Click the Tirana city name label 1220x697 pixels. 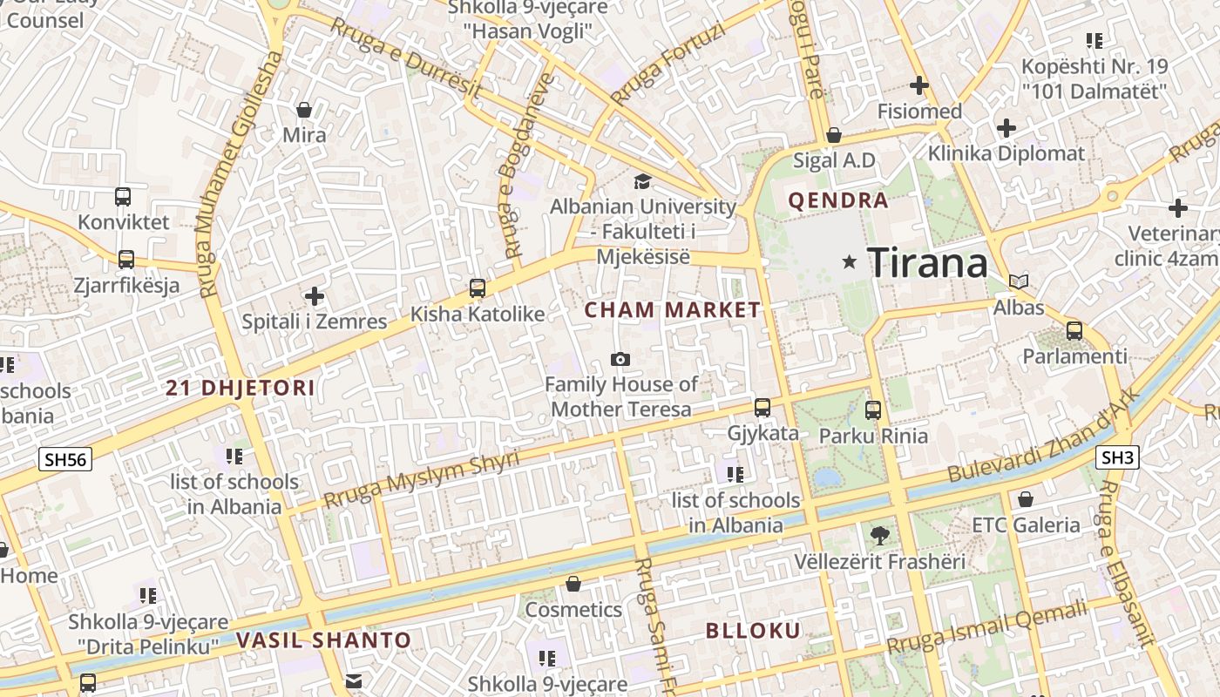click(x=928, y=263)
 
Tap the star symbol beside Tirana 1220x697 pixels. click(x=850, y=261)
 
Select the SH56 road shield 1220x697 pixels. click(x=65, y=459)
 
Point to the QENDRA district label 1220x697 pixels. click(x=838, y=200)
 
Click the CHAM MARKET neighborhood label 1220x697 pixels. click(x=672, y=309)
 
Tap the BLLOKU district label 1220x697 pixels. click(x=753, y=631)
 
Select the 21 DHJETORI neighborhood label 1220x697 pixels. click(x=241, y=388)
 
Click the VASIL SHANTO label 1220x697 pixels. click(x=323, y=640)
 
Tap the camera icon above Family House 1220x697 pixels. click(x=620, y=359)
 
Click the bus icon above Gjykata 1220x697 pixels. click(x=762, y=407)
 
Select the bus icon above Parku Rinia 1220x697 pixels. click(x=873, y=409)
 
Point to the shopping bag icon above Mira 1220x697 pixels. click(x=304, y=110)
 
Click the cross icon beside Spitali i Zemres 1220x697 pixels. click(x=315, y=296)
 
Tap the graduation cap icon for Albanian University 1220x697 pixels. click(x=642, y=181)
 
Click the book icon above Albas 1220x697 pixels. click(x=1018, y=281)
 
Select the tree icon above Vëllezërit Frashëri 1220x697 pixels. click(x=879, y=535)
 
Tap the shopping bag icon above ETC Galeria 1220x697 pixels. click(x=1026, y=499)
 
